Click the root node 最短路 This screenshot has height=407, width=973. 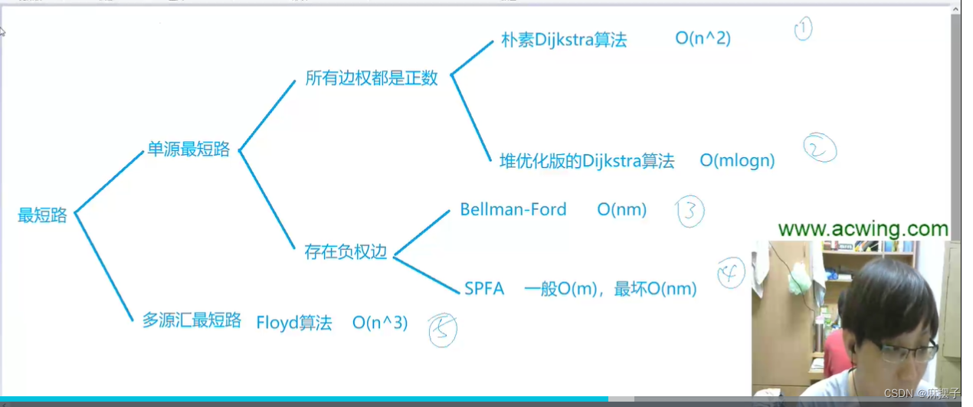click(42, 216)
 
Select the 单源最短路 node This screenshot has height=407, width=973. click(188, 149)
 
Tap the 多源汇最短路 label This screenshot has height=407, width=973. click(192, 320)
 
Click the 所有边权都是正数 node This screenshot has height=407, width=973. click(372, 78)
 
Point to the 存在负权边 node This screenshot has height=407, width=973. click(346, 252)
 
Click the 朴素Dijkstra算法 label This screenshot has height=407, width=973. click(564, 41)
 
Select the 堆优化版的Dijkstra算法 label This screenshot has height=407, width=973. click(587, 161)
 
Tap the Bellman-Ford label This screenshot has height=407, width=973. click(513, 209)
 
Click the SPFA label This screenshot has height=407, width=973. click(484, 289)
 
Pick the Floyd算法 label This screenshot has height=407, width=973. click(294, 323)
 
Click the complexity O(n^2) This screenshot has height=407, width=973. click(703, 38)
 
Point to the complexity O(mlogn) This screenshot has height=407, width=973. click(737, 161)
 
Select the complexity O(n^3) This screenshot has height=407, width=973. click(380, 323)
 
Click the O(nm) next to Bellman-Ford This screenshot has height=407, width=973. click(622, 209)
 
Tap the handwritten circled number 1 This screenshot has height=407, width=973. click(802, 29)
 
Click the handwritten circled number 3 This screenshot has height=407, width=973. click(690, 212)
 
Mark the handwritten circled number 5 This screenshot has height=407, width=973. click(443, 330)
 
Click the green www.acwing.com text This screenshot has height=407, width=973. click(863, 228)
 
